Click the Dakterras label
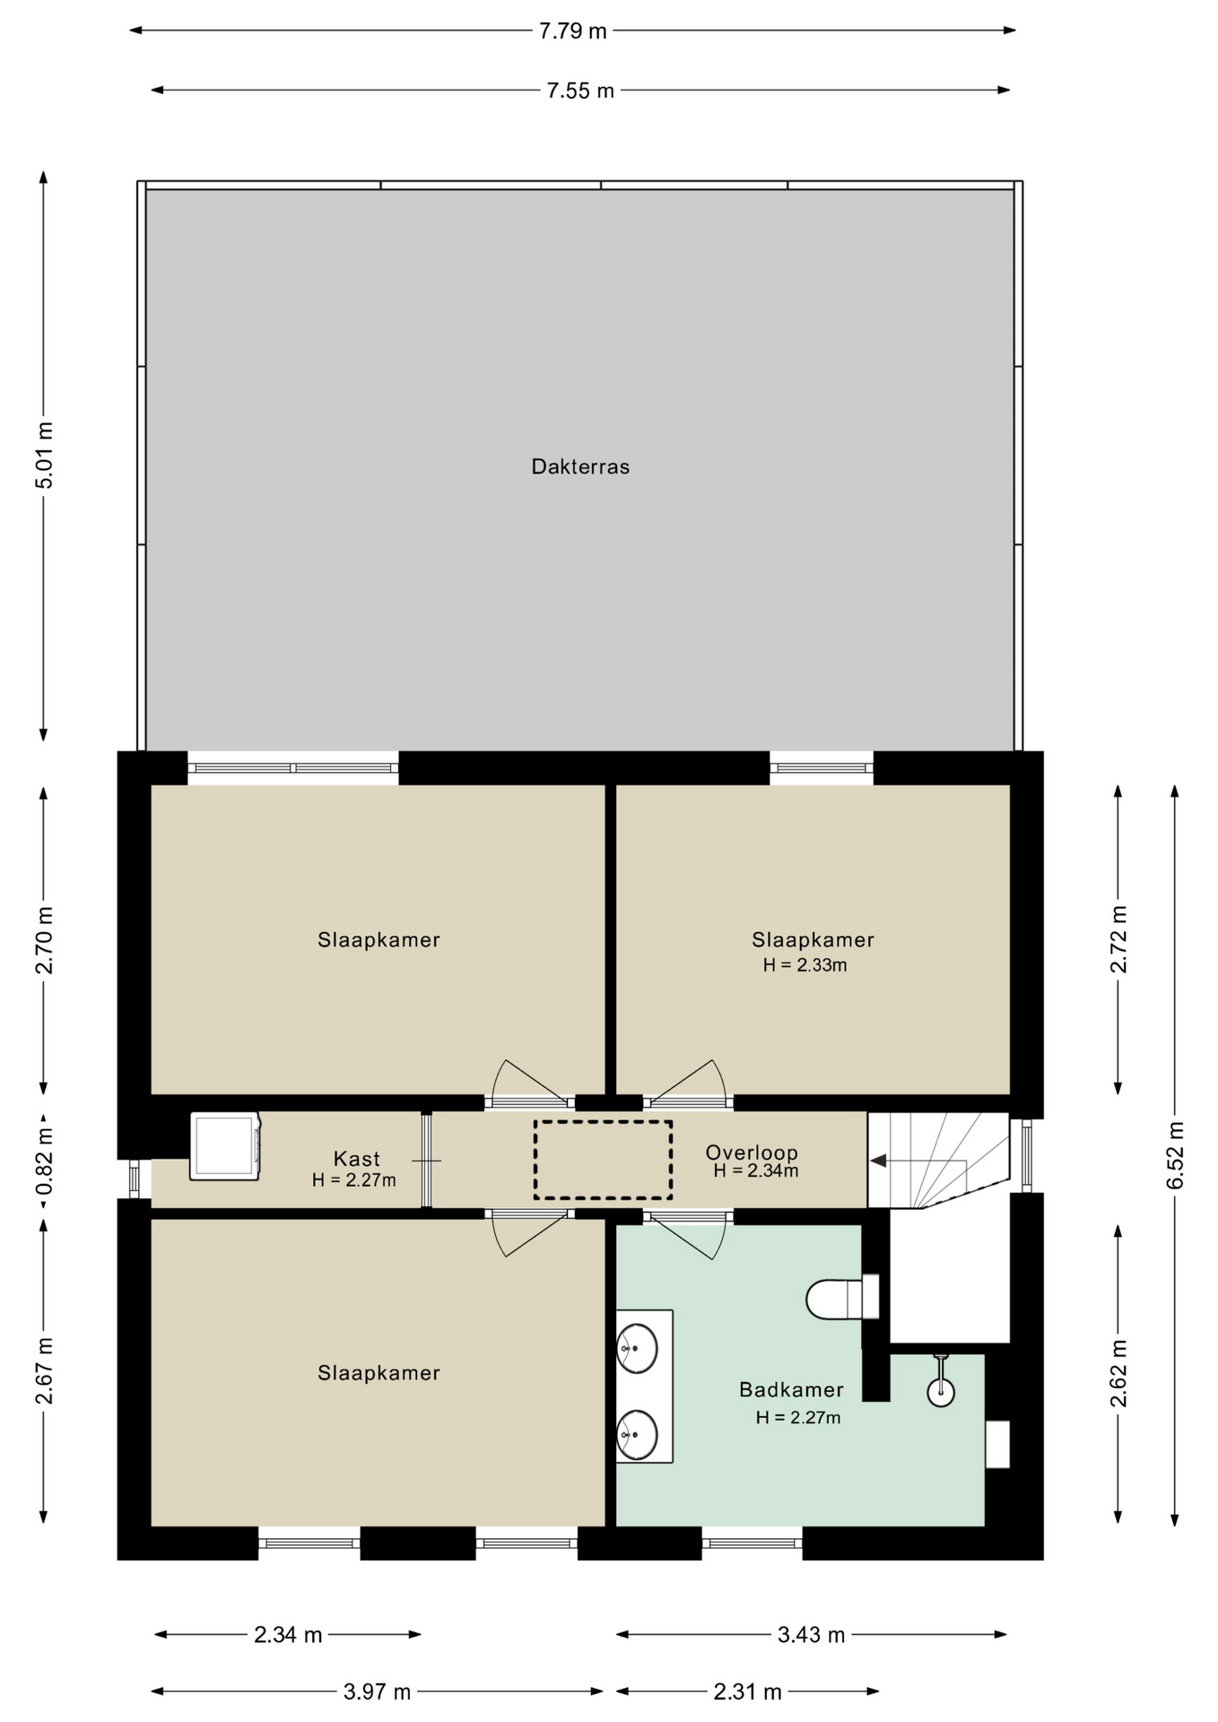(580, 466)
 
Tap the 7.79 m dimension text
(572, 31)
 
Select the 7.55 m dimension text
(580, 91)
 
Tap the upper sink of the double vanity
(637, 1348)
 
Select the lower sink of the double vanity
(637, 1434)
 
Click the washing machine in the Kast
(225, 1146)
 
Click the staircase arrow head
(878, 1161)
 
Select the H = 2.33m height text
(805, 965)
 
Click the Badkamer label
(791, 1389)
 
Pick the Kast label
(356, 1158)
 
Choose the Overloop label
(751, 1152)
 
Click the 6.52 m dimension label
(1175, 1155)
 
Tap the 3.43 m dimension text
(811, 1635)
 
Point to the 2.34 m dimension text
(287, 1635)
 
